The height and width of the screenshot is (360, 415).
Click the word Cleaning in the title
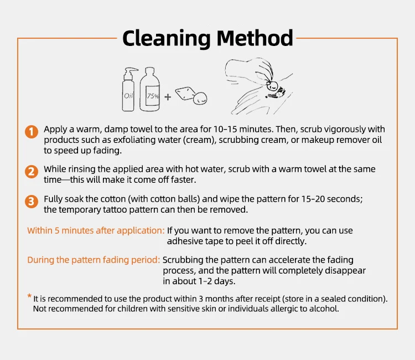[167, 39]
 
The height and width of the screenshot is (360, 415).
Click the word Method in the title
[255, 38]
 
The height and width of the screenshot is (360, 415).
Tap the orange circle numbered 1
[32, 132]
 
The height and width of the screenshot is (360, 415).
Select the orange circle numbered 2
[32, 172]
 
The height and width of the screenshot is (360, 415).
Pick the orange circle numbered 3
[32, 202]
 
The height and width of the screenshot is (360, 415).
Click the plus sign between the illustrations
[168, 97]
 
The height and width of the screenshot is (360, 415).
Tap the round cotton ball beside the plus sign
[200, 97]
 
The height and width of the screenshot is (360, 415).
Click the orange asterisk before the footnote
[29, 296]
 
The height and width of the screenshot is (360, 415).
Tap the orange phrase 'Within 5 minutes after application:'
[96, 231]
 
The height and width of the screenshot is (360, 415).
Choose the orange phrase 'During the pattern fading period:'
[94, 260]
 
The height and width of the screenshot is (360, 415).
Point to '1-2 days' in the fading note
[216, 281]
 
